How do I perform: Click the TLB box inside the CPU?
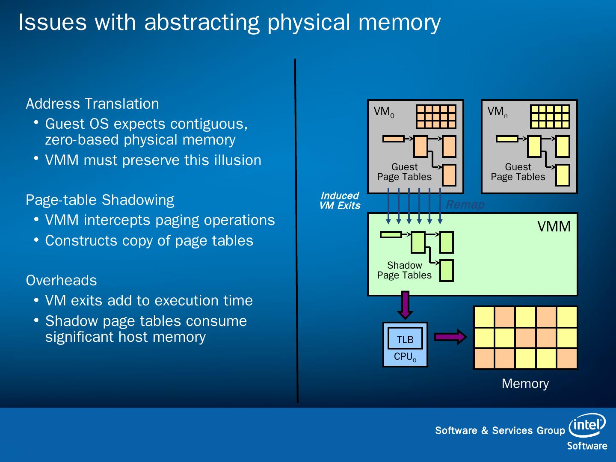[405, 339]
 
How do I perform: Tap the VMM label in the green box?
[554, 226]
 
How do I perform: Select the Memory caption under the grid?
[525, 383]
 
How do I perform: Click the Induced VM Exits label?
[340, 201]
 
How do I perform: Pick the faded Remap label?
[465, 204]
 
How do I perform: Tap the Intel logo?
[587, 424]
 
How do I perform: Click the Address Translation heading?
[92, 104]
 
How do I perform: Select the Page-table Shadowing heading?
[100, 200]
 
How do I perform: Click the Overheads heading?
[61, 280]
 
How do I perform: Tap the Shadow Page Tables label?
[404, 270]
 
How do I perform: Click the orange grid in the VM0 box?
[436, 116]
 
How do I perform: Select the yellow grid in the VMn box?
[550, 116]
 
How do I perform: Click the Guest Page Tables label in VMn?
[518, 172]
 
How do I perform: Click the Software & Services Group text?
[500, 430]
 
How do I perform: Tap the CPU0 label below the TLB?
[405, 357]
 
